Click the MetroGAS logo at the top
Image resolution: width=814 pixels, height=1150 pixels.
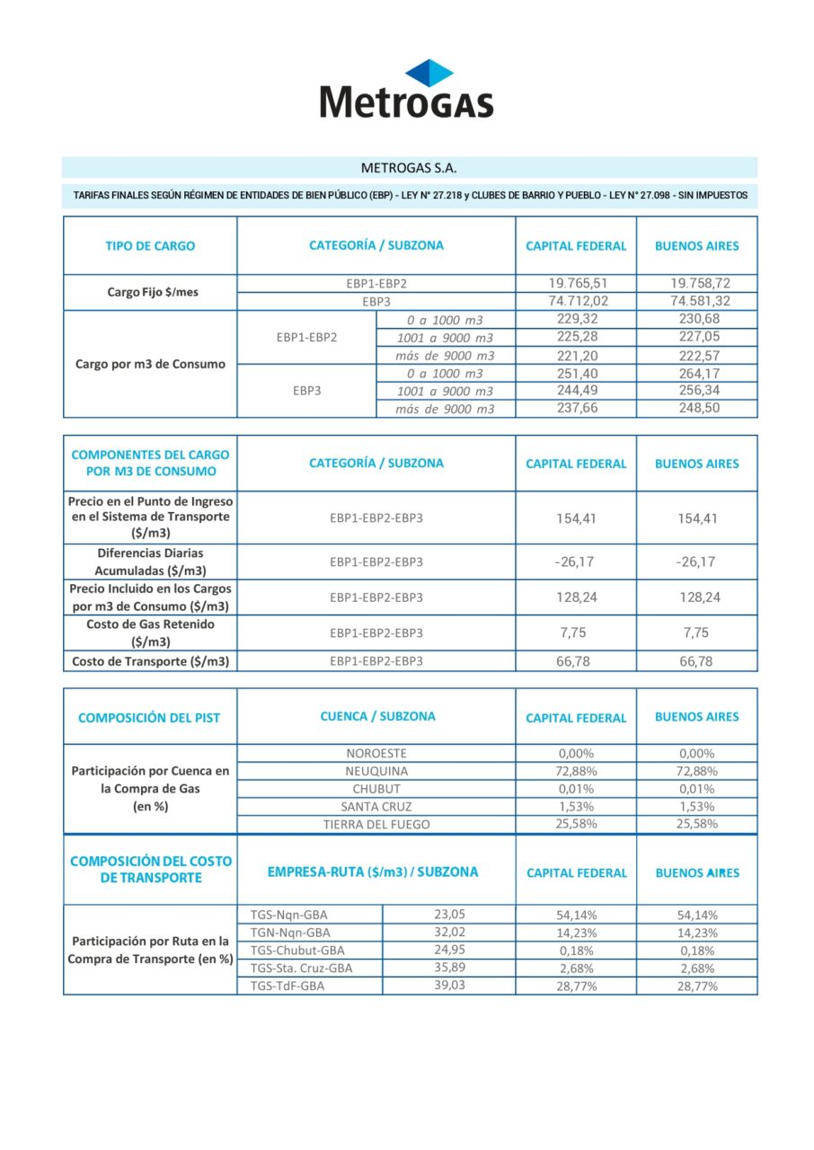(x=407, y=89)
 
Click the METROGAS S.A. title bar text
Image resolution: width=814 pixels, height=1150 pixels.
(x=409, y=167)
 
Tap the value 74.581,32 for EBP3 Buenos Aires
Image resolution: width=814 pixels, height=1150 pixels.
(x=696, y=301)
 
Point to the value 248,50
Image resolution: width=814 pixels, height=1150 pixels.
(x=696, y=408)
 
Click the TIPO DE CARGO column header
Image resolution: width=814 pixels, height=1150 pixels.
(x=150, y=245)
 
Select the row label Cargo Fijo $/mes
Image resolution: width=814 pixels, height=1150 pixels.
(x=150, y=293)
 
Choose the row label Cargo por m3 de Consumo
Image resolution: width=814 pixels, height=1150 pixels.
(x=150, y=364)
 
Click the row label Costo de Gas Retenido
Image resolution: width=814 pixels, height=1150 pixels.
(x=150, y=632)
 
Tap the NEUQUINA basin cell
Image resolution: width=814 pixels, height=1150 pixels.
(x=376, y=771)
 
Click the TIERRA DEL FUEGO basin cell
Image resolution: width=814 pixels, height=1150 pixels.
(x=376, y=824)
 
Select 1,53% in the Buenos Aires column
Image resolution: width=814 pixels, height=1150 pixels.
(x=696, y=806)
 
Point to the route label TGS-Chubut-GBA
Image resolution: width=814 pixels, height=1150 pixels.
(x=297, y=950)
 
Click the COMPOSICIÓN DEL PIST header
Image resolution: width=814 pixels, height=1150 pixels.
(x=149, y=718)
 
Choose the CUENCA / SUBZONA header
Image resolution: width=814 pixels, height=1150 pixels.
(x=377, y=717)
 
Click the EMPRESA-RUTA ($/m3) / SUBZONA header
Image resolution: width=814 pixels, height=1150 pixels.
(x=373, y=872)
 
